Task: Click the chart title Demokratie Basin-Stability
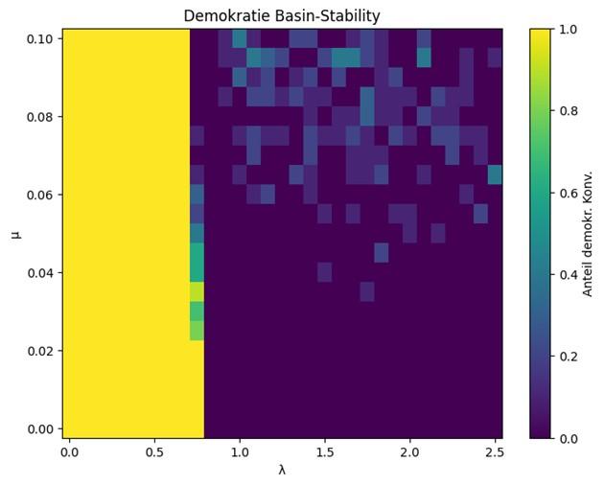282,15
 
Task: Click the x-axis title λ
282,470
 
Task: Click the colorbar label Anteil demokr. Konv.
588,233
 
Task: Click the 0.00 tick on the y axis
40,428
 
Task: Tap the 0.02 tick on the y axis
40,351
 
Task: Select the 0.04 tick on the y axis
40,273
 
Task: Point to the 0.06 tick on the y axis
40,195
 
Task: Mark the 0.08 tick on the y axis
40,117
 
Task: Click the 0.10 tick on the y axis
40,39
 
